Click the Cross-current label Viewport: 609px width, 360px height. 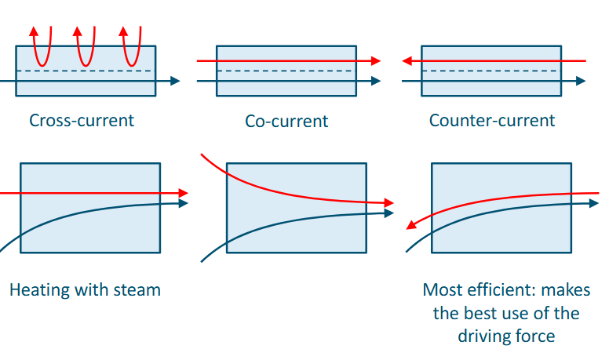(x=82, y=121)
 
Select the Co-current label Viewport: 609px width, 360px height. (x=286, y=122)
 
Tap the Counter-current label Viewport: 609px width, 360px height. (x=491, y=121)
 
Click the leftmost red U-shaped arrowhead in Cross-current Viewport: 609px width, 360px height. (x=35, y=31)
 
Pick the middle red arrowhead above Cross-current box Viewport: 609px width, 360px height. (x=78, y=31)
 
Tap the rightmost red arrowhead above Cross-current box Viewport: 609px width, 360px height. (x=123, y=31)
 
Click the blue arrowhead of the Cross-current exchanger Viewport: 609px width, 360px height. (x=175, y=81)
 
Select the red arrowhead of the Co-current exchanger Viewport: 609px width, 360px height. (x=375, y=60)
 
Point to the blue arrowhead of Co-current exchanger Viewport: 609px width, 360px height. (x=375, y=81)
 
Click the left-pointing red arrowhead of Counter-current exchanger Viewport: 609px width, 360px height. (x=406, y=60)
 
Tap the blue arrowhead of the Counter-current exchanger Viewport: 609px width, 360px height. (x=580, y=81)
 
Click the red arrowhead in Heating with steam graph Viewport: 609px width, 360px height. (x=184, y=193)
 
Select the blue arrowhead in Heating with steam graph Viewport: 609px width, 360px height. (x=184, y=203)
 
